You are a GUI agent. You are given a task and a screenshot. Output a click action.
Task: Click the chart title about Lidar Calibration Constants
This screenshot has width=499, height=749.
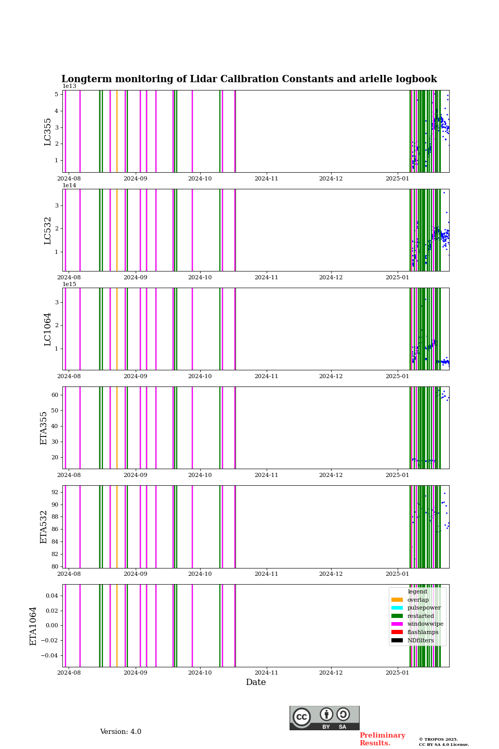coord(249,79)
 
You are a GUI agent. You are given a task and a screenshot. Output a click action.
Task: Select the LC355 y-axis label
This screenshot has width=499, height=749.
coord(48,132)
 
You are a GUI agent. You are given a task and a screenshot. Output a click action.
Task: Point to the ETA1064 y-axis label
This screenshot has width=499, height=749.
coord(33,626)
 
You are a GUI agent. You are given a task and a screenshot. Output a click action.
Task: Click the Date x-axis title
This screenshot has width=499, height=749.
coord(256,682)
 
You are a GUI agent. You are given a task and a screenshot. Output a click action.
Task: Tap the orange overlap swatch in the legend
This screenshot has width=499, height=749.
coord(397,600)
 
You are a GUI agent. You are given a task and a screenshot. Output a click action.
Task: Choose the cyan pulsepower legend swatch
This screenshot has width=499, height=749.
coord(397,608)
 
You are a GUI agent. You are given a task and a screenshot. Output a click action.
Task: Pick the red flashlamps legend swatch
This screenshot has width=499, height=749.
coord(397,632)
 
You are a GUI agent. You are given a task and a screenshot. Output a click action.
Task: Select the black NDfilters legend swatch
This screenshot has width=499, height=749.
coord(397,640)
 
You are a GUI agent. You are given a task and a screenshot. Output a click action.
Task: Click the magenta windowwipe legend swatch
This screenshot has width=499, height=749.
coord(397,624)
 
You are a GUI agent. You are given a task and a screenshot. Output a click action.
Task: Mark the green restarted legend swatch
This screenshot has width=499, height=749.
coord(397,616)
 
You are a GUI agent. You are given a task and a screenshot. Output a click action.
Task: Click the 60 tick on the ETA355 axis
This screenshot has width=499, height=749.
coord(55,395)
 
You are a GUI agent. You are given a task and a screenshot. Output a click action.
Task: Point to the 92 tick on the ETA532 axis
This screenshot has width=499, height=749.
coord(55,492)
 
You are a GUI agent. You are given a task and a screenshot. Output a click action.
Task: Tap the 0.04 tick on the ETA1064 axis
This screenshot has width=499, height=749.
coord(51,596)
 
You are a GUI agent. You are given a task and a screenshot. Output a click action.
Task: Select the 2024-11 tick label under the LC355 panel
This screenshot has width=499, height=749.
coord(266,178)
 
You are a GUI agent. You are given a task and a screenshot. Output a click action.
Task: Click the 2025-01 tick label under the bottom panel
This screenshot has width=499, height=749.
coord(397,673)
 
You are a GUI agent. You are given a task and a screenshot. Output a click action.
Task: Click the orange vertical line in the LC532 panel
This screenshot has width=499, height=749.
coord(117,230)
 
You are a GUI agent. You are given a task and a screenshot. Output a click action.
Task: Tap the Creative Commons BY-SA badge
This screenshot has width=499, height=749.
coord(324,718)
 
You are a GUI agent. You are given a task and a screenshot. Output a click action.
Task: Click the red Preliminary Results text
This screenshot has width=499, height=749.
coord(382,739)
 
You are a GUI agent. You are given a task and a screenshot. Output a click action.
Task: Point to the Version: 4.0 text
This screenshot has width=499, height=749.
coord(121,732)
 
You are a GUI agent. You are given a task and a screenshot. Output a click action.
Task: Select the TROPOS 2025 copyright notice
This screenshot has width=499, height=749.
coord(443,742)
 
